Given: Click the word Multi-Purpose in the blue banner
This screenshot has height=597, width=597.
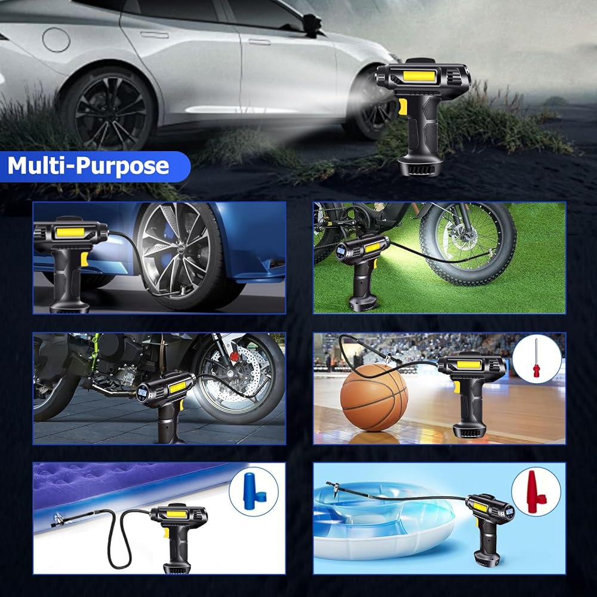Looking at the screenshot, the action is [x=88, y=165].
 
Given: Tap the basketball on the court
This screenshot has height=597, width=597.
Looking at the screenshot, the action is [x=374, y=397].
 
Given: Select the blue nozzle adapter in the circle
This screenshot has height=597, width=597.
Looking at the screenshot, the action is [x=254, y=491].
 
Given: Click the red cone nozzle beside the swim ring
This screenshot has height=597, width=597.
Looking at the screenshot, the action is [x=536, y=492].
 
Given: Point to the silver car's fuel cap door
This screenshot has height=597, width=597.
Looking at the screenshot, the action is [x=56, y=39].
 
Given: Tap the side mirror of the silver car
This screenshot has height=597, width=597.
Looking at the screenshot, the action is [x=312, y=25].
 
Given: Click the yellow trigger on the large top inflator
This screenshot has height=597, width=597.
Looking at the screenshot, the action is [x=402, y=107].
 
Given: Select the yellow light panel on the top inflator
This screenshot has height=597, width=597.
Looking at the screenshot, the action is [x=419, y=76].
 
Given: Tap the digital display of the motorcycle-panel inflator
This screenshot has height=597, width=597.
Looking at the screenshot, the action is [x=143, y=392].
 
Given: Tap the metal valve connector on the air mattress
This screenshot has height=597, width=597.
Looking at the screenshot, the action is [x=58, y=519].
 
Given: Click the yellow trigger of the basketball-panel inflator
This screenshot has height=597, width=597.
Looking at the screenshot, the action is [x=457, y=387].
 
